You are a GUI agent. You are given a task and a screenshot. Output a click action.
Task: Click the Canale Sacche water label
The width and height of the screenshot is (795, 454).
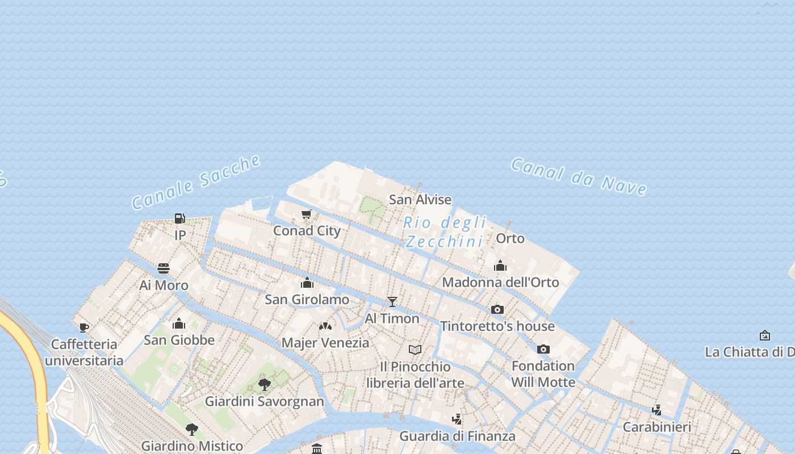coord(196,182)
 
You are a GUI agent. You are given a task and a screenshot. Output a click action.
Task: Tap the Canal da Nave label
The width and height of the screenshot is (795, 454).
coord(579,176)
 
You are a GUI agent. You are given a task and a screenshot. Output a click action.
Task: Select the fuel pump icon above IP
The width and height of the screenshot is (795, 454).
coord(179,218)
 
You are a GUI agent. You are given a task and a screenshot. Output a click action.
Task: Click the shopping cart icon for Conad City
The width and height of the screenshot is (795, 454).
coord(307,215)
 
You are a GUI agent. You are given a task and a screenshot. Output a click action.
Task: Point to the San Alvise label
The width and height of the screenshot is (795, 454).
coord(420,199)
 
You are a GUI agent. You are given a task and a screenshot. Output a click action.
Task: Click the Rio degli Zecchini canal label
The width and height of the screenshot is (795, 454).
coord(445,232)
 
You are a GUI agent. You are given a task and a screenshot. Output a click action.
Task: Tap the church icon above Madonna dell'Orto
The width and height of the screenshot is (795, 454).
coord(500,266)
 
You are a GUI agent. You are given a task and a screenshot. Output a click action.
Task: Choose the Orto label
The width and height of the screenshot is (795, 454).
coord(510,238)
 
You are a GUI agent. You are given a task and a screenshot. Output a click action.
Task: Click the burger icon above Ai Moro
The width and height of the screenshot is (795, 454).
coord(164,268)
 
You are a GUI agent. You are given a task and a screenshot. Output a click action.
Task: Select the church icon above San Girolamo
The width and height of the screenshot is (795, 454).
coord(307,283)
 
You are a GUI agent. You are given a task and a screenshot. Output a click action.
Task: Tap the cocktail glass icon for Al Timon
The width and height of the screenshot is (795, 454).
coord(392,301)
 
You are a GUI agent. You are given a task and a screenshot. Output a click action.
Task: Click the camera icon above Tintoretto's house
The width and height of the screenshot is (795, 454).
coord(497,309)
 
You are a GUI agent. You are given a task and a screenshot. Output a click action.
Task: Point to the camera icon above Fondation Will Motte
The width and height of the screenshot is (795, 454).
coord(543,349)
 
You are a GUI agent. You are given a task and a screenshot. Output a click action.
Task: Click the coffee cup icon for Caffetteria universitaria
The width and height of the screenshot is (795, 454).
coord(84,327)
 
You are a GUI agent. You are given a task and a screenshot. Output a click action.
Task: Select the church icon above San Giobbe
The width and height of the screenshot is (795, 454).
coord(179,323)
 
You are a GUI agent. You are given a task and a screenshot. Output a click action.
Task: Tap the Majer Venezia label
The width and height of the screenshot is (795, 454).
coord(325,343)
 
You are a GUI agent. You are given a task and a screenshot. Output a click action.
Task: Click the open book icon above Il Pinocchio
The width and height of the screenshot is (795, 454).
coord(415,350)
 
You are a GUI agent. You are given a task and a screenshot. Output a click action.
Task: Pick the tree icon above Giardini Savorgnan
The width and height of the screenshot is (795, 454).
coord(264,385)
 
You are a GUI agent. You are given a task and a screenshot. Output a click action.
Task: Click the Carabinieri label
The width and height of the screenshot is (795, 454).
coord(657,427)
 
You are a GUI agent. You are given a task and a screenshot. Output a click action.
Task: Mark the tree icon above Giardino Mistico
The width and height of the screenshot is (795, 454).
coord(192,429)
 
